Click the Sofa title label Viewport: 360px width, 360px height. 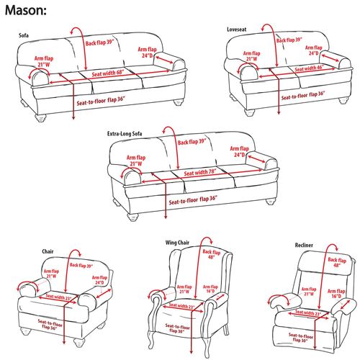(25, 34)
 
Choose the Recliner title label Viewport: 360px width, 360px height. (304, 246)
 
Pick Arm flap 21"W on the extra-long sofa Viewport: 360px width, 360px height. (135, 160)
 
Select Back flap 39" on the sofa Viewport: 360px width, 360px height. (102, 42)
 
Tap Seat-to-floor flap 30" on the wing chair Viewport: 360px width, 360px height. (176, 329)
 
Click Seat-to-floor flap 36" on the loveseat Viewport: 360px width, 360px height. (303, 94)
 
